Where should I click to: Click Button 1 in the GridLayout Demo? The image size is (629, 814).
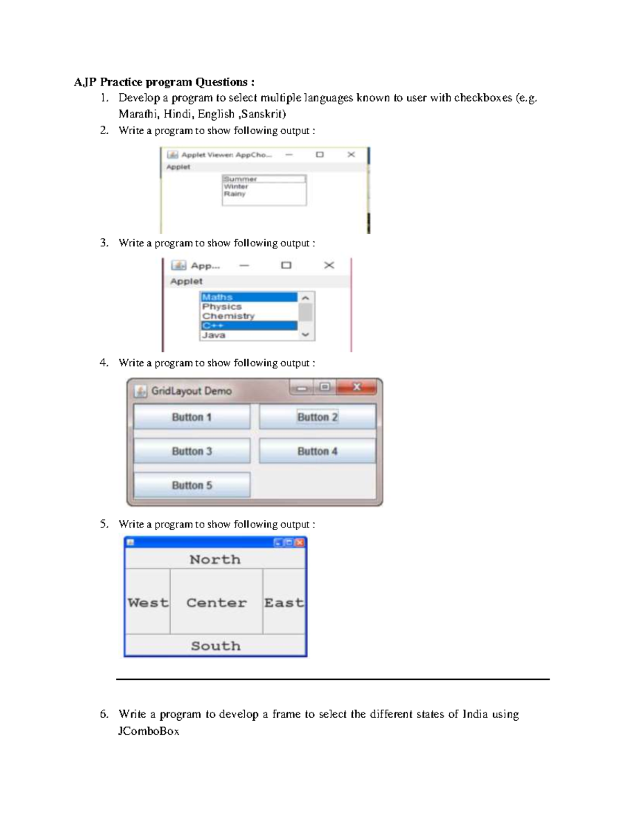click(x=191, y=417)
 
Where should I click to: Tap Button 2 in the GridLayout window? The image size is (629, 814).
click(x=317, y=417)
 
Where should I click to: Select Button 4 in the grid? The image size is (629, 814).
click(x=317, y=451)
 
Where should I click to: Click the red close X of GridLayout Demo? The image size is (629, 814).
click(x=356, y=387)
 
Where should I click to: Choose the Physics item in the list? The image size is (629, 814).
click(x=222, y=307)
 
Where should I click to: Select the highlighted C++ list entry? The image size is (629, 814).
click(x=213, y=325)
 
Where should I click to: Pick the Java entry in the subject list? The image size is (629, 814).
click(x=214, y=335)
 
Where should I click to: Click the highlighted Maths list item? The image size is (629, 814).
click(x=218, y=297)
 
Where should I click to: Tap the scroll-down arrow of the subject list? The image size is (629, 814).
click(x=306, y=334)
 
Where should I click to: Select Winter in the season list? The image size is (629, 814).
click(x=236, y=187)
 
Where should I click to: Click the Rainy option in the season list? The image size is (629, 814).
click(x=234, y=194)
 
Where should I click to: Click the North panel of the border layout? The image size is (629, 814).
click(x=215, y=559)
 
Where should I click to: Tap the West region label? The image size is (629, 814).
click(x=148, y=603)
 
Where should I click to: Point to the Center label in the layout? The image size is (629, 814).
click(x=216, y=603)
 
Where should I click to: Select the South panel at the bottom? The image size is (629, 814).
click(x=215, y=646)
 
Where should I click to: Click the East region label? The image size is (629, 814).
click(x=284, y=603)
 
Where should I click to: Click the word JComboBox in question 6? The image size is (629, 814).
click(x=149, y=731)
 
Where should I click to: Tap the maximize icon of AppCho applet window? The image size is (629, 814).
click(x=320, y=155)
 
